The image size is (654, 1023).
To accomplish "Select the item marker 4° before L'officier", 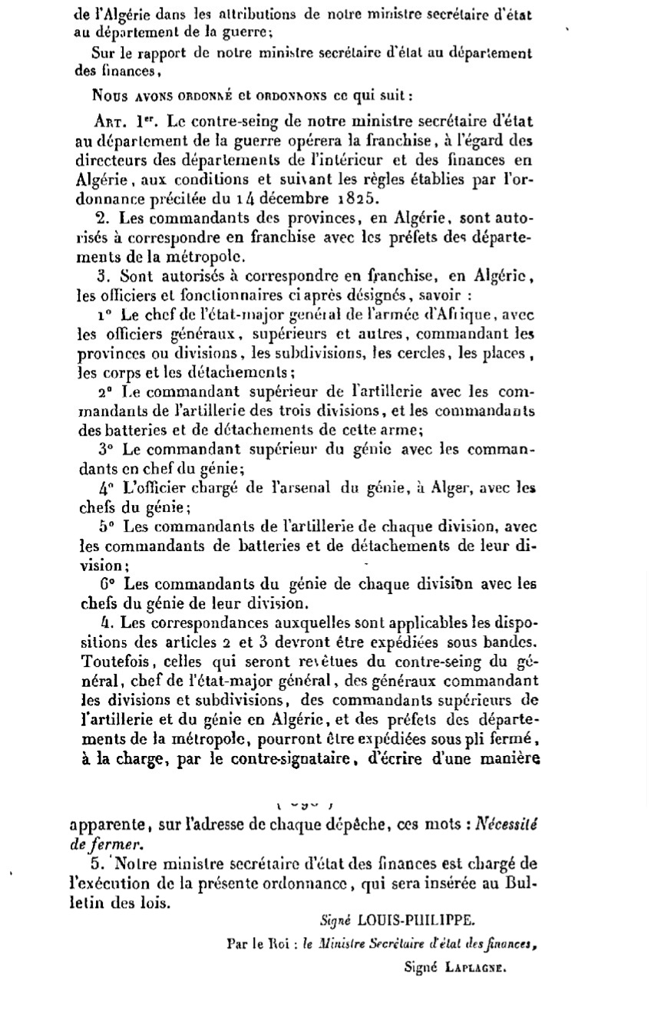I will pyautogui.click(x=105, y=488).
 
